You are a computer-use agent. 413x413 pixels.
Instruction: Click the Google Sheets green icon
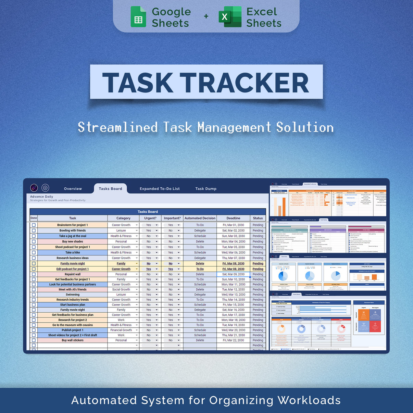(x=138, y=17)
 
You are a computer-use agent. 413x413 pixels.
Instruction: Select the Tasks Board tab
(x=110, y=189)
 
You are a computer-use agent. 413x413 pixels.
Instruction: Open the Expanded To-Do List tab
(x=160, y=189)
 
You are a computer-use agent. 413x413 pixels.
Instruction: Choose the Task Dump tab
(x=206, y=189)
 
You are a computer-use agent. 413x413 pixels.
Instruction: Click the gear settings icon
(x=45, y=188)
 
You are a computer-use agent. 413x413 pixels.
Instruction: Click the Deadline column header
(x=233, y=218)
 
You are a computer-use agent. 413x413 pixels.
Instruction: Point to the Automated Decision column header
(x=200, y=218)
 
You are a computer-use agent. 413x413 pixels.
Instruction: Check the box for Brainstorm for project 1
(x=34, y=225)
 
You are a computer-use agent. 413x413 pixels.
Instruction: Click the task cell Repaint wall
(x=73, y=274)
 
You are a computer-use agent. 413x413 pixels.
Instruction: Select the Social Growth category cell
(x=121, y=289)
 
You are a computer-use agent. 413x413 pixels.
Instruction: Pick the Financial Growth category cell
(x=121, y=330)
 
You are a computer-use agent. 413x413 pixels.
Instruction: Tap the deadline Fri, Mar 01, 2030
(x=233, y=225)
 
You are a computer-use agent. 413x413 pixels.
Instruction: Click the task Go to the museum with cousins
(x=73, y=325)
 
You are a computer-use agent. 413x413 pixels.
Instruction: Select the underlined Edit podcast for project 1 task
(x=73, y=269)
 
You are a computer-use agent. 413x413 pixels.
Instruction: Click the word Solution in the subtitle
(x=305, y=127)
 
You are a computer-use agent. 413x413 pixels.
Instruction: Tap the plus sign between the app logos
(x=206, y=16)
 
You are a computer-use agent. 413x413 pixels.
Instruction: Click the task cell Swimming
(x=73, y=295)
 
